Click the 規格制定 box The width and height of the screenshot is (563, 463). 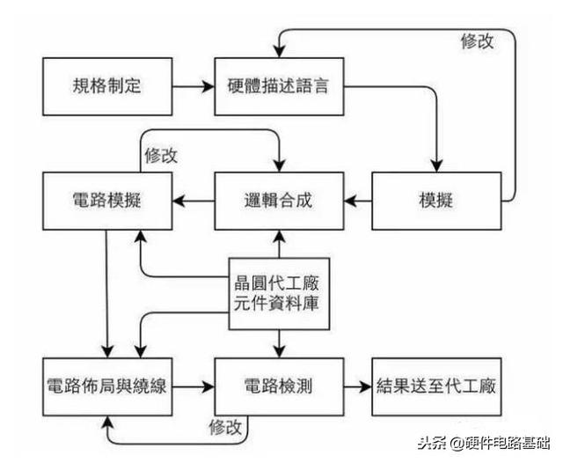[x=106, y=86]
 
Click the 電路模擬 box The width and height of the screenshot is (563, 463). [x=106, y=201]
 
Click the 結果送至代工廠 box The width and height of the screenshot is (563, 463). [x=436, y=386]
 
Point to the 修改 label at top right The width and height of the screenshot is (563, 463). [x=477, y=40]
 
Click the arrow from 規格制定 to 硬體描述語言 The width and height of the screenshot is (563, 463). [x=194, y=86]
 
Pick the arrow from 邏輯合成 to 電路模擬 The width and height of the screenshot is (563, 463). [x=193, y=201]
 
